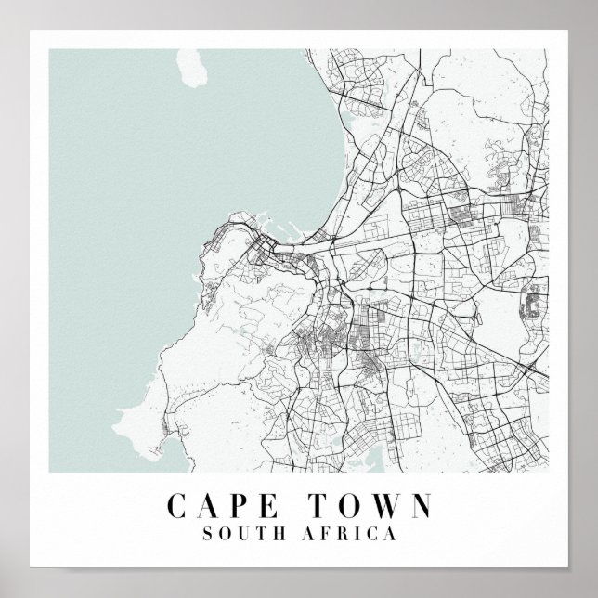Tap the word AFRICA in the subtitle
coord(350,535)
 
